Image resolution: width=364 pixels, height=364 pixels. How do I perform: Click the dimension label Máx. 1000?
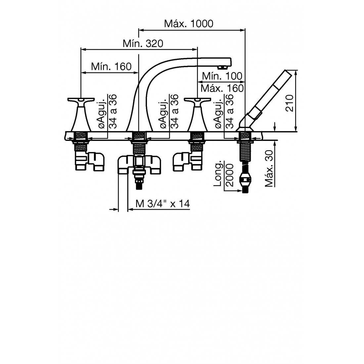point(189,23)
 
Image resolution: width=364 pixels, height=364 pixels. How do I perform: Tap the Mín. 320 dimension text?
point(143,43)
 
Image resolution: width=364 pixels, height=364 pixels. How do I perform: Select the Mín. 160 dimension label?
point(111,67)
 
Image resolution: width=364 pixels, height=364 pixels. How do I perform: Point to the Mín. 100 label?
point(222,76)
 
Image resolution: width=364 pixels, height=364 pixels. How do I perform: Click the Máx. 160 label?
point(222,88)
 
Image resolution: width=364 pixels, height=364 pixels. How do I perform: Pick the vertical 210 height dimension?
point(290,103)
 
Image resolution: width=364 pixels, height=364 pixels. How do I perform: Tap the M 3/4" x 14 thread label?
point(162,204)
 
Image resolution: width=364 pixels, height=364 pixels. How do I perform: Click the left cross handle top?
point(81,100)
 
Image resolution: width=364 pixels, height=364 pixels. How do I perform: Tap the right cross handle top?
point(197,100)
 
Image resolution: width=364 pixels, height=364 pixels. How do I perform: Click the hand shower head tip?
point(288,73)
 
